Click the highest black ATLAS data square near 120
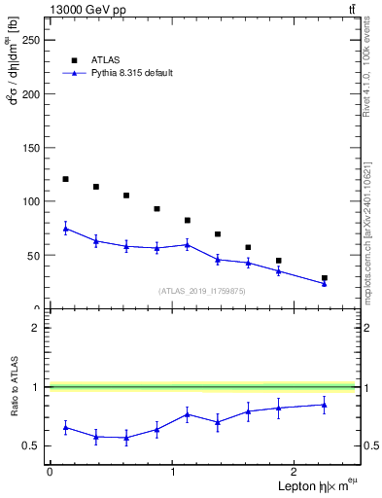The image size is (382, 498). click(65, 179)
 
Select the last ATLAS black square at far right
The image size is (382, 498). click(324, 278)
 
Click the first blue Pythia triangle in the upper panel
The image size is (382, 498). click(65, 229)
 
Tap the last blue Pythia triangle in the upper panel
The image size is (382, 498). click(324, 283)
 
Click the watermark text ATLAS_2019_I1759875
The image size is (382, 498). click(202, 291)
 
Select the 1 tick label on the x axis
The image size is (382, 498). click(173, 472)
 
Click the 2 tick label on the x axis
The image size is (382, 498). click(296, 472)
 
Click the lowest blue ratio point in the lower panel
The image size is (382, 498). click(126, 438)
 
